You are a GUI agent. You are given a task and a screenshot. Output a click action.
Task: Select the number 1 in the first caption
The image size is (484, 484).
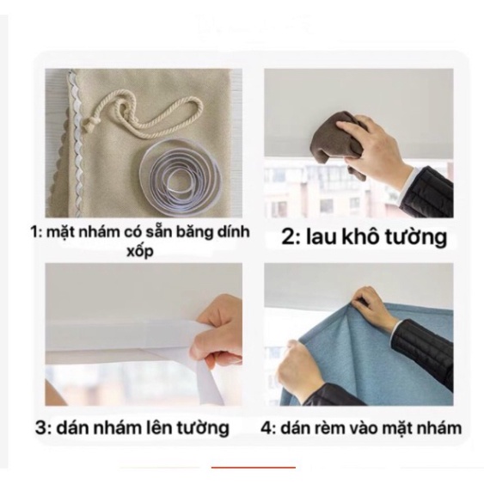[35, 232]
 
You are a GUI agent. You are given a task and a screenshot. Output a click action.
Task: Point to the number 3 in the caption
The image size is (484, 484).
[41, 427]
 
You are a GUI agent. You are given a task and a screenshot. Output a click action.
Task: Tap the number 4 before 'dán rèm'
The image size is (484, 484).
[267, 428]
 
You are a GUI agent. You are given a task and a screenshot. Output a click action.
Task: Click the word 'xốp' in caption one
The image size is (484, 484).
[140, 252]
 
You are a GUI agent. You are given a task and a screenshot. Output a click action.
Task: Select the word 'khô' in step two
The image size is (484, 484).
[358, 236]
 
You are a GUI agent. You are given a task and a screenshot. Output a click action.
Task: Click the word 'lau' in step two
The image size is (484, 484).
[319, 237]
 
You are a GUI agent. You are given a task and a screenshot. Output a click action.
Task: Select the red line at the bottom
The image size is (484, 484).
[254, 468]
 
